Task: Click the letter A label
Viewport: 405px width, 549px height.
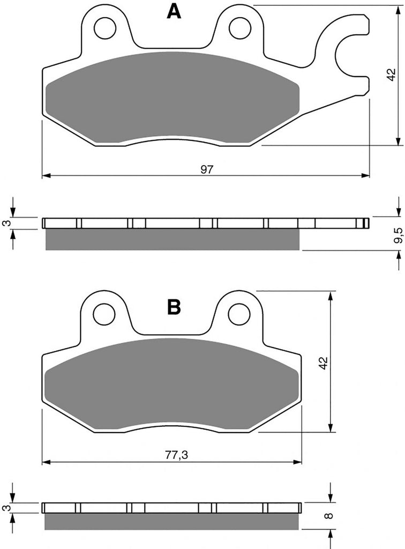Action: pyautogui.click(x=174, y=12)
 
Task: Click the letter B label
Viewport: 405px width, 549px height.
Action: pyautogui.click(x=174, y=307)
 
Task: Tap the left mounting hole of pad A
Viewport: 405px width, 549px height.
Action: pyautogui.click(x=105, y=28)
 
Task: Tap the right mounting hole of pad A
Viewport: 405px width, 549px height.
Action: pyautogui.click(x=240, y=28)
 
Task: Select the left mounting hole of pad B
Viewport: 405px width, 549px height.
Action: pyautogui.click(x=104, y=314)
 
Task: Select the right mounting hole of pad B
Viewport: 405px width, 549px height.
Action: pyautogui.click(x=239, y=314)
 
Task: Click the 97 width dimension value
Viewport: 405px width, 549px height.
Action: pyautogui.click(x=207, y=169)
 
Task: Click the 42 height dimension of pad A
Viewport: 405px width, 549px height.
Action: pyautogui.click(x=392, y=75)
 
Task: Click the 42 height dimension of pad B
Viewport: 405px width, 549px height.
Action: pyautogui.click(x=324, y=363)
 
